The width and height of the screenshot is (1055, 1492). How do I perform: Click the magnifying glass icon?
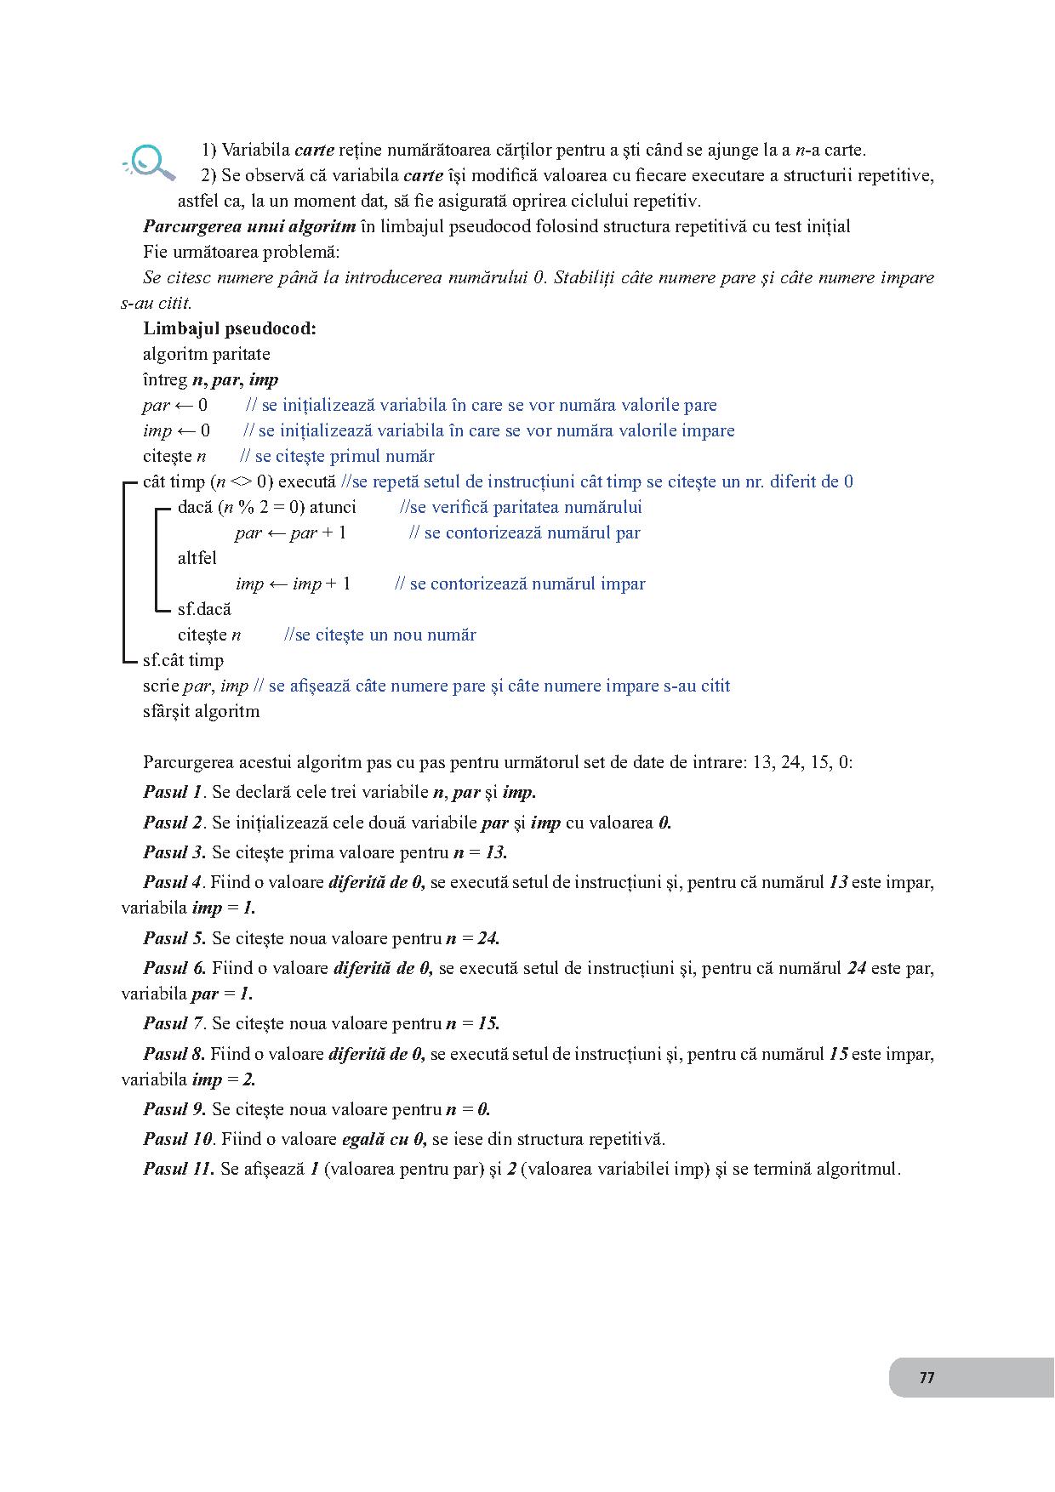(x=151, y=162)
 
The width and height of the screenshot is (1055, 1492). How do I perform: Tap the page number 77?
(x=927, y=1377)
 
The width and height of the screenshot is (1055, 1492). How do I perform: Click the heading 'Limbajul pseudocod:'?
(x=229, y=328)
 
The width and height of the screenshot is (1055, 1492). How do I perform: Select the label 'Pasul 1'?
(x=173, y=792)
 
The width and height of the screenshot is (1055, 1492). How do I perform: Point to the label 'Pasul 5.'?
(x=174, y=938)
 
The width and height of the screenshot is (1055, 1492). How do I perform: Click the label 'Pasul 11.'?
(x=179, y=1169)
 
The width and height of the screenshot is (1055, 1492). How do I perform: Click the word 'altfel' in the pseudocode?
(x=197, y=558)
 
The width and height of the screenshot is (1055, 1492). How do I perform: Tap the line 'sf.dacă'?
(x=204, y=609)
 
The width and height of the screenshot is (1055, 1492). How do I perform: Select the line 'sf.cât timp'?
(x=183, y=660)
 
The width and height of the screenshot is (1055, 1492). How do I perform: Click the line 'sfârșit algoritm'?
(x=201, y=711)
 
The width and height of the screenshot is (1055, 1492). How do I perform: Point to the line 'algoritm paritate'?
(x=206, y=354)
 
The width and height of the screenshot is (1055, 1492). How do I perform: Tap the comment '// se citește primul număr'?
(x=337, y=456)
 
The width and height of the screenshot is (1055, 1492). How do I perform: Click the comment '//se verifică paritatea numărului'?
(x=521, y=507)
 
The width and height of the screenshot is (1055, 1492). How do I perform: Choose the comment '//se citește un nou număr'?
(x=379, y=635)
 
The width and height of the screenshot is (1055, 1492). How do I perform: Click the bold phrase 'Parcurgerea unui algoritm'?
(x=249, y=226)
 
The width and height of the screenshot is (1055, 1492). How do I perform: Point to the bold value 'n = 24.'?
(x=473, y=938)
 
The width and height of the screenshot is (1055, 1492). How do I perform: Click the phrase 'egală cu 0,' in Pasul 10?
(x=383, y=1139)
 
